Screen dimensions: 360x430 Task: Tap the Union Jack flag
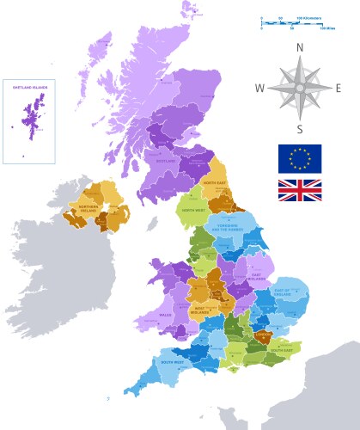[300, 191]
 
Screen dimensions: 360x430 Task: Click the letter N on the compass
[300, 49]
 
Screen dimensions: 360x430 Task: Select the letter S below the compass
[300, 130]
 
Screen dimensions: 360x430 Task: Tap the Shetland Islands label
[29, 87]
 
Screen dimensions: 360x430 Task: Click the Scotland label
[166, 160]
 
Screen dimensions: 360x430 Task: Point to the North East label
[214, 184]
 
